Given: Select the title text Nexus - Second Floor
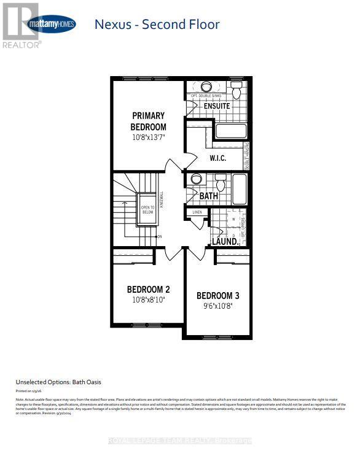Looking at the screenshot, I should [157, 25].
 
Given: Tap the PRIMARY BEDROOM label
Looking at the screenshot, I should [148, 121].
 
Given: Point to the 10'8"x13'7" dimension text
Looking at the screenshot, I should [148, 138].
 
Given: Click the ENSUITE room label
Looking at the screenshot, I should [217, 106].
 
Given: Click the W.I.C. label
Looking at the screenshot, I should [217, 158].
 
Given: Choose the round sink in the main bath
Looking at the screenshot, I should [197, 180].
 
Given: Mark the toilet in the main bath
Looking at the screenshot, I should [221, 182].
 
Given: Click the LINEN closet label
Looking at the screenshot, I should [197, 212].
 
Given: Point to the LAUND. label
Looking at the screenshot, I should [225, 242].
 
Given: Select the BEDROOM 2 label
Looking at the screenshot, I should [148, 289].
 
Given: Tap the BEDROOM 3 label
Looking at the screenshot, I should [218, 296].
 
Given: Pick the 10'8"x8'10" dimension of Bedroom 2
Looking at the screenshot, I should [148, 300].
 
